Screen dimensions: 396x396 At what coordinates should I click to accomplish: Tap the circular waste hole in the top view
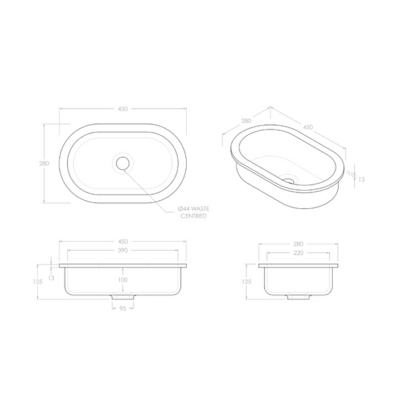click(x=123, y=163)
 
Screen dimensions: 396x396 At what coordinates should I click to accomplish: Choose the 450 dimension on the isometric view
click(x=308, y=127)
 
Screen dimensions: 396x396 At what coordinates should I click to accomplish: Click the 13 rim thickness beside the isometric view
click(x=361, y=179)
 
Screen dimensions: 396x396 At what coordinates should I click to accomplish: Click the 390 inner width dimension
click(x=123, y=249)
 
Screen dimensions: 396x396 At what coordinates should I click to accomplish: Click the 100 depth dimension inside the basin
click(x=123, y=280)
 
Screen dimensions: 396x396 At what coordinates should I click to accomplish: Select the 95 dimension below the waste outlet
click(x=123, y=308)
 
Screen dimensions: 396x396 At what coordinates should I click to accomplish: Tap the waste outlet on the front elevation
click(x=123, y=298)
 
